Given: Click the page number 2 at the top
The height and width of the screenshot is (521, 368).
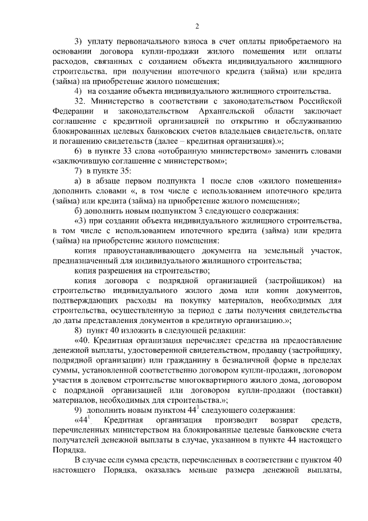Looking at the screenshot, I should point(196,26).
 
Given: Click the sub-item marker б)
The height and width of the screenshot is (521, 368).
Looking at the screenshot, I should point(79,211).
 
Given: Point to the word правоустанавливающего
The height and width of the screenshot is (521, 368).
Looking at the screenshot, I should point(164,252).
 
